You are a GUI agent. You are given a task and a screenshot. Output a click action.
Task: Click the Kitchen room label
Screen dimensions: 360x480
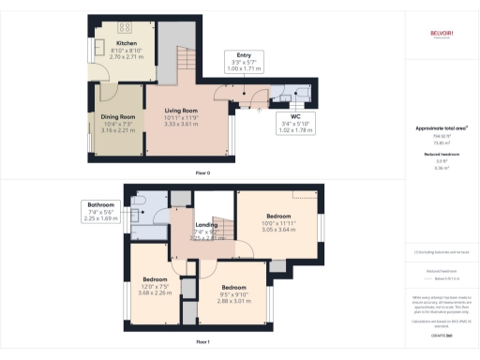[127, 43]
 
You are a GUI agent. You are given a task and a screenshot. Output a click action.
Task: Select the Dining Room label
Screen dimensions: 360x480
[117, 117]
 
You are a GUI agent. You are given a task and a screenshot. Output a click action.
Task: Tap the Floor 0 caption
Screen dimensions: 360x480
[202, 173]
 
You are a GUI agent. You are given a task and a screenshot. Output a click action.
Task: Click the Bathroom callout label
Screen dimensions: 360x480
[100, 204]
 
